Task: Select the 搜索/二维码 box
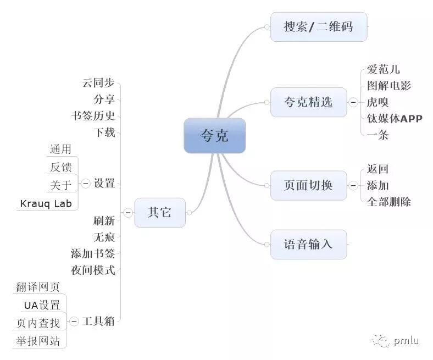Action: tap(318, 26)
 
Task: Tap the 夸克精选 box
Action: tap(308, 102)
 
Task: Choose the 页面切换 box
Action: tap(308, 185)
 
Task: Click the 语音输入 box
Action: tap(308, 244)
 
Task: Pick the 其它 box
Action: tap(159, 212)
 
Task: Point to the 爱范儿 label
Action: tap(383, 69)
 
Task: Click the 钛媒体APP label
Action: tap(395, 118)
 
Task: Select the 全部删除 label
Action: tap(388, 202)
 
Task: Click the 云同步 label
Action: tap(98, 83)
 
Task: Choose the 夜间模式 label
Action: tap(93, 270)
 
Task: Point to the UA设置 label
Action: tap(42, 306)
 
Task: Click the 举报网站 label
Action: tap(38, 341)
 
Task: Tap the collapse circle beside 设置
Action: tap(85, 184)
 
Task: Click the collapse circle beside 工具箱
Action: tap(74, 321)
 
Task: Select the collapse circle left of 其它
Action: tap(127, 212)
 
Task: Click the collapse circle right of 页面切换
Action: tap(353, 185)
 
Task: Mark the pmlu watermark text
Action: tap(406, 341)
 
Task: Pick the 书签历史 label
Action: tap(93, 116)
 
